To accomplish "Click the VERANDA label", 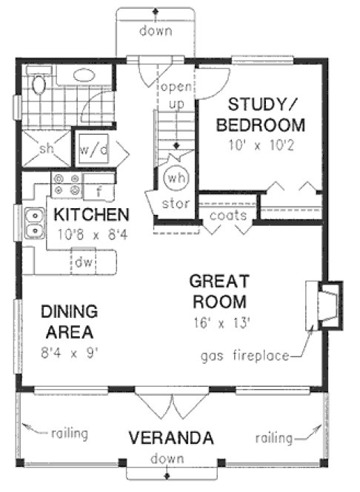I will [172, 437].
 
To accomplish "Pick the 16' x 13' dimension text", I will [219, 322].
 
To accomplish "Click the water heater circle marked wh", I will [176, 179].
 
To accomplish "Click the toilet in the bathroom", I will [39, 84].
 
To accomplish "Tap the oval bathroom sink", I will [83, 76].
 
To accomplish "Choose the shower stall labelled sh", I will [46, 149].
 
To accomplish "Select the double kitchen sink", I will [33, 224].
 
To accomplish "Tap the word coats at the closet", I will [222, 216].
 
